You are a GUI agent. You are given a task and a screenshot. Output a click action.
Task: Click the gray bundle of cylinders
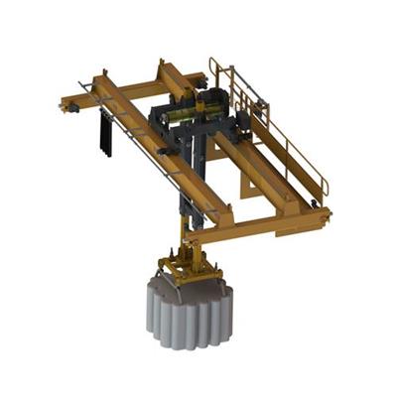tap(190, 313)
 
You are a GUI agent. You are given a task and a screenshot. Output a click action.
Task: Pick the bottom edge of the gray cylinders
tap(190, 342)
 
